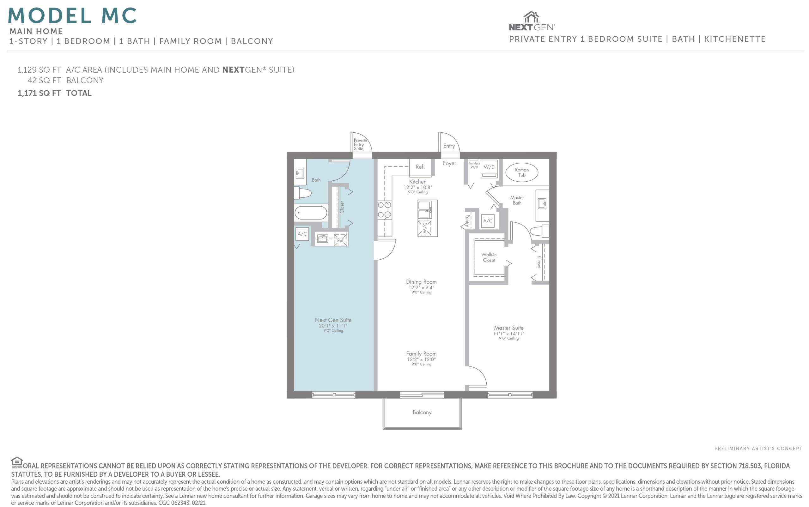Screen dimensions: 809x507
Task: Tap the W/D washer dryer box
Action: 489,168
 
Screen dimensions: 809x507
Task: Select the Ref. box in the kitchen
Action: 420,167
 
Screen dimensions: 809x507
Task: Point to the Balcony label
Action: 422,412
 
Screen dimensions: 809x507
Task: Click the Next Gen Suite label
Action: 333,320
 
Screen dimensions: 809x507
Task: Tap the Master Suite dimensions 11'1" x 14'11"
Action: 508,333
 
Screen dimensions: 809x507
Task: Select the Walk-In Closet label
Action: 489,257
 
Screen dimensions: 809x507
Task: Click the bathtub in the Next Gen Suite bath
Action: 311,213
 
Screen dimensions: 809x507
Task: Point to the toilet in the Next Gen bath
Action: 302,193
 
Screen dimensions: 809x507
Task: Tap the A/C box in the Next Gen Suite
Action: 302,234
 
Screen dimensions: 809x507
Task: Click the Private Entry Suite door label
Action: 360,145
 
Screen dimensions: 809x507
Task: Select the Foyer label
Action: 449,163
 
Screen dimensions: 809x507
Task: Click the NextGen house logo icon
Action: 532,17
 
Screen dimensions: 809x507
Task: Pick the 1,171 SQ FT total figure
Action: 39,93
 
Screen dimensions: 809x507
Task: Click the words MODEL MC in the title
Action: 72,15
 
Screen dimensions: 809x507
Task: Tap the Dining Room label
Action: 421,282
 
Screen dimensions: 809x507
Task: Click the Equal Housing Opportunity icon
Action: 17,462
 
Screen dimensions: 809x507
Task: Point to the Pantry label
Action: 467,220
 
